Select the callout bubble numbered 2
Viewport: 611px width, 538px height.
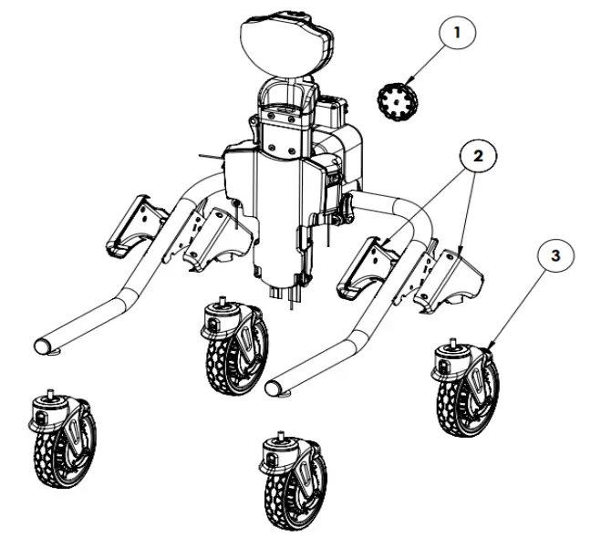point(478,156)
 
